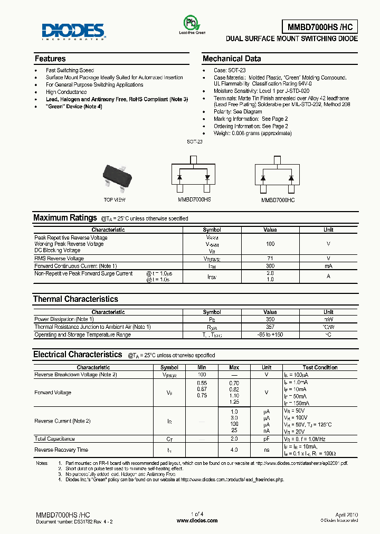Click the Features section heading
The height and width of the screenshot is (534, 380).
[50, 59]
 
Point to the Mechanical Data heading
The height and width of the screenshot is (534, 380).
[232, 59]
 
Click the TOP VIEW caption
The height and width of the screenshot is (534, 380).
[115, 200]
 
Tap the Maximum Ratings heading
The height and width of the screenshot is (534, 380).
[65, 218]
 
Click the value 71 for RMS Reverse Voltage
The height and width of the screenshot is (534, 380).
[270, 259]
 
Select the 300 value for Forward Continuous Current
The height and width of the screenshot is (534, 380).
[270, 266]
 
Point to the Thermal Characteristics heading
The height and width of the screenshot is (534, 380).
[75, 299]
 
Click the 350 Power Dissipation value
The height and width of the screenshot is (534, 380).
[270, 319]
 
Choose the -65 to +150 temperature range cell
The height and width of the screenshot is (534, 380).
[270, 335]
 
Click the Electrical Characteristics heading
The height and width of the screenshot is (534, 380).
[78, 355]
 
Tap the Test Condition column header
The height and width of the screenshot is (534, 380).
[320, 367]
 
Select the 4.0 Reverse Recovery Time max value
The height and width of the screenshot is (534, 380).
[234, 450]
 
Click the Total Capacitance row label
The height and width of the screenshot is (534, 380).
[55, 439]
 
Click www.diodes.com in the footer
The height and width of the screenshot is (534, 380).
[197, 520]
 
